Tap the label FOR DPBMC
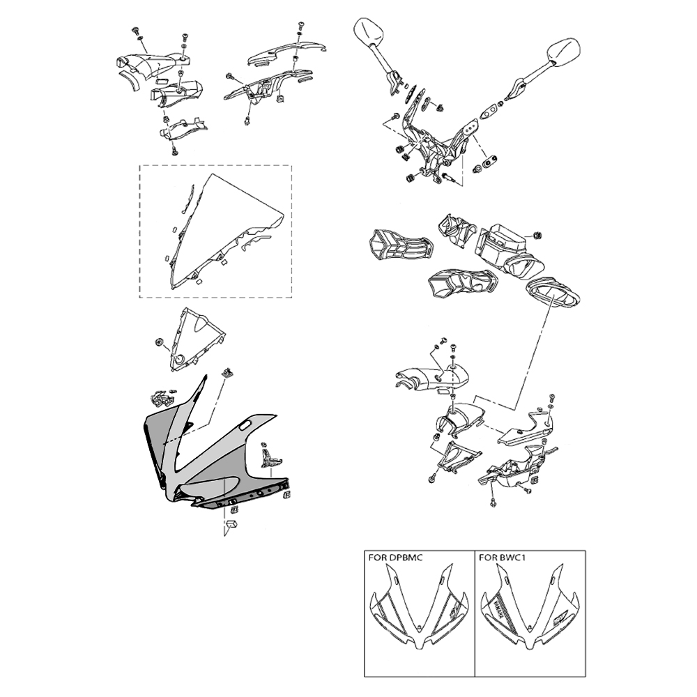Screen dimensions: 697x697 click(395, 558)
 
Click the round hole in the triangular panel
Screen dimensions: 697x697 click(179, 360)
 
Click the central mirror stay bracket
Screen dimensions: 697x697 click(439, 146)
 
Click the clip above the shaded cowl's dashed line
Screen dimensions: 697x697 click(226, 373)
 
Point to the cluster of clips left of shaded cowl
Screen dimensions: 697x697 click(162, 399)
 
